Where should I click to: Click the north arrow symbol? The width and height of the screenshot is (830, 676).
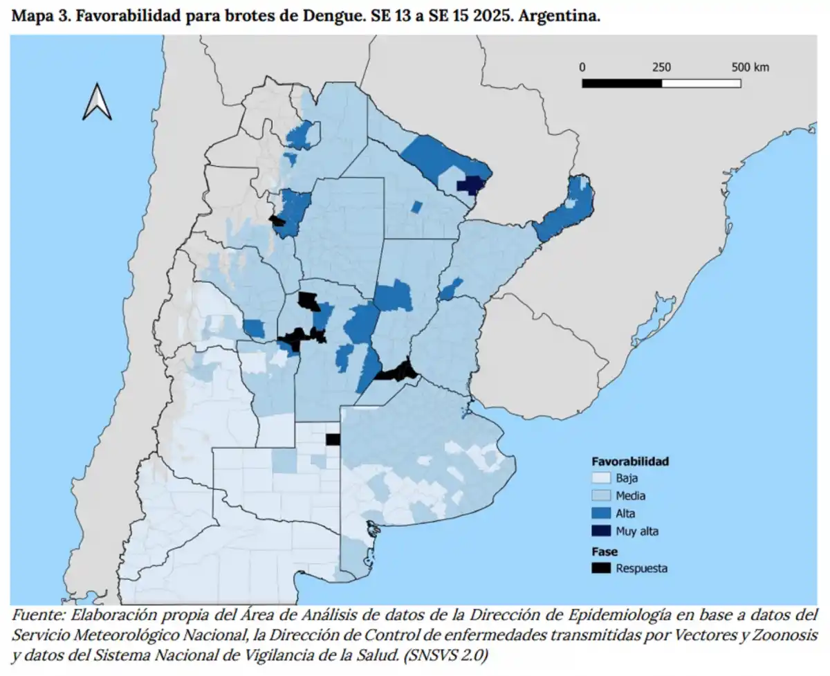97,102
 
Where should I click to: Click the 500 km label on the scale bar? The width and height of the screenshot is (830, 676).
750,67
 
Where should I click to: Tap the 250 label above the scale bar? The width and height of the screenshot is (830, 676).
661,67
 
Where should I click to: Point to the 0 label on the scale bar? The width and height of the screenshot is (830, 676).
582,67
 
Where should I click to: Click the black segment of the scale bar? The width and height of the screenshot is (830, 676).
622,83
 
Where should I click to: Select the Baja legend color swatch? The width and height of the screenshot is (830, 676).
600,478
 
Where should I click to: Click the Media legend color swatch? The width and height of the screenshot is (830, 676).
600,495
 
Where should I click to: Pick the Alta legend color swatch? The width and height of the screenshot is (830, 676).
600,513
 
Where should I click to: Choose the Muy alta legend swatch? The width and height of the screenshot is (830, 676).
600,531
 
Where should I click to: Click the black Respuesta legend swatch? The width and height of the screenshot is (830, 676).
600,568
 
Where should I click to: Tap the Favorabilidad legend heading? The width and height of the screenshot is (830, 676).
629,461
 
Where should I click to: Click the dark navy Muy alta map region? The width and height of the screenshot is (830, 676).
472,185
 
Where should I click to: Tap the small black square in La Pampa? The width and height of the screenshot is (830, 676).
333,439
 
